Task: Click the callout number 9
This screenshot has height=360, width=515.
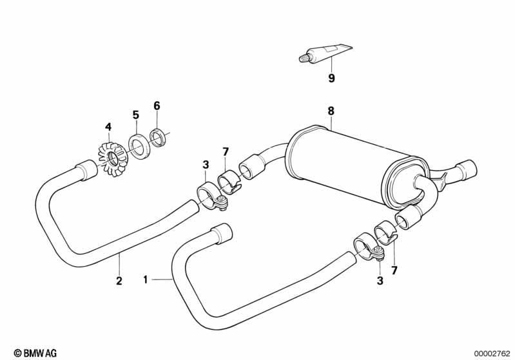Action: click(331, 79)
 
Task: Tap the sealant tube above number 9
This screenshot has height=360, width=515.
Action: click(325, 53)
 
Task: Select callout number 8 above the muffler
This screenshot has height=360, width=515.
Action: click(331, 111)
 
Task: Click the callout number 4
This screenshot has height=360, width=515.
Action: click(108, 127)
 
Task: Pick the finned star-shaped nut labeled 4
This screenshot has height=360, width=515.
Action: click(113, 158)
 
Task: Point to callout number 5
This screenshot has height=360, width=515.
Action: click(135, 115)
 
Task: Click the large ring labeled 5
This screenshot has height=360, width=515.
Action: click(139, 146)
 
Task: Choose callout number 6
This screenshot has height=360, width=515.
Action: click(157, 106)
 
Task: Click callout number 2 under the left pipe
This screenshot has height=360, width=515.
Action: click(119, 281)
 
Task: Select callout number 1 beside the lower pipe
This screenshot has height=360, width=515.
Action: click(146, 280)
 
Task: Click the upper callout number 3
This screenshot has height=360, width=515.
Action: click(206, 165)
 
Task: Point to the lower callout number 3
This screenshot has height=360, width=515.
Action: click(380, 281)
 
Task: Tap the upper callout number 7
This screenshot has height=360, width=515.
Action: click(226, 152)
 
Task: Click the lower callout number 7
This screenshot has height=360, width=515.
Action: click(394, 270)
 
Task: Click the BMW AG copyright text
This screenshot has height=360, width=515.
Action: click(35, 353)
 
